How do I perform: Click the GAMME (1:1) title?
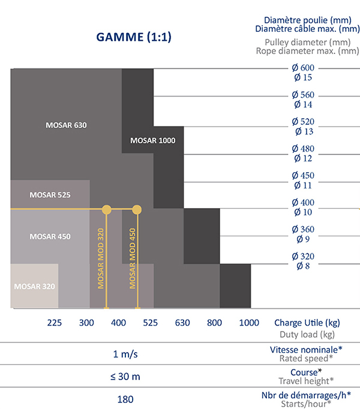pos(134,37)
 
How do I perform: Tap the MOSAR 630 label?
pos(67,126)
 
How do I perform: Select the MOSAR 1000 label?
pos(152,140)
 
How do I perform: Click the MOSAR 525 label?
pos(50,196)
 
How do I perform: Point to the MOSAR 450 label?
pos(50,237)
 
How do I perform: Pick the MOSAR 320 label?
pos(35,286)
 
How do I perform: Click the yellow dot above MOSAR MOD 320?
pos(107,209)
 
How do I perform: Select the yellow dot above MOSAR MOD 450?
pos(137,209)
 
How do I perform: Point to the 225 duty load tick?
pos(55,323)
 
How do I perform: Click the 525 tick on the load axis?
pos(150,323)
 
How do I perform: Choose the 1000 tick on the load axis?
pos(249,323)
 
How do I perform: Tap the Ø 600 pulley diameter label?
pos(303,68)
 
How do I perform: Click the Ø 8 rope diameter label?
pos(303,265)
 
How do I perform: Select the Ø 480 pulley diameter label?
pos(303,149)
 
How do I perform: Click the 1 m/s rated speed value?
pos(125,354)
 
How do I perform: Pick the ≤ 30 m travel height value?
pos(125,376)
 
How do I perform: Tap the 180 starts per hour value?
pos(125,399)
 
